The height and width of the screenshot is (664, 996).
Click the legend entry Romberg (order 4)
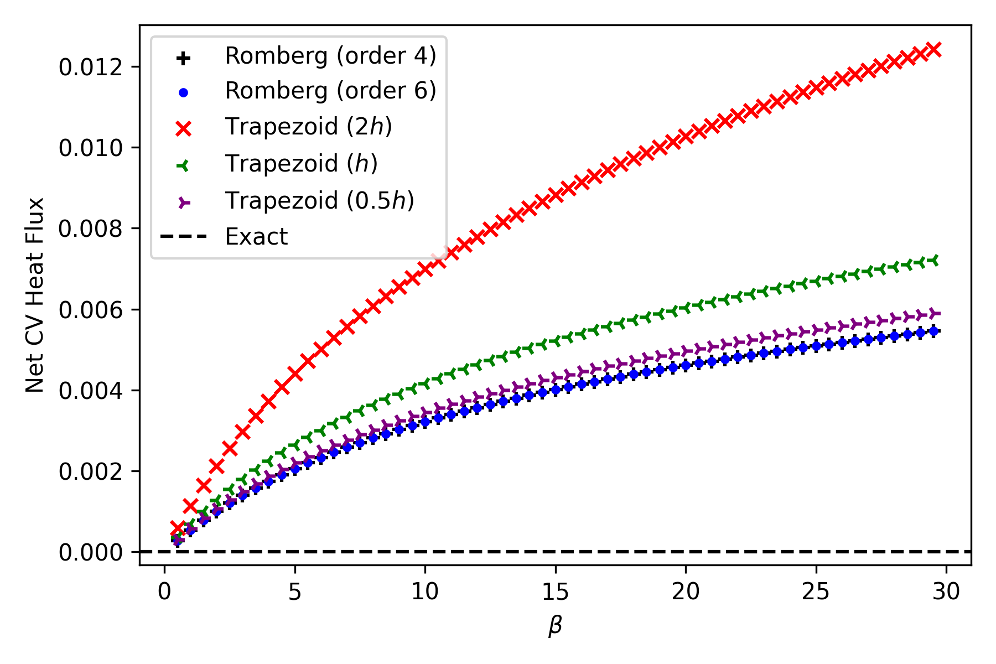330,56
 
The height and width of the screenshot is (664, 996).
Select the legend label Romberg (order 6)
330,91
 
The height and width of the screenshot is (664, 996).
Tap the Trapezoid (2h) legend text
308,127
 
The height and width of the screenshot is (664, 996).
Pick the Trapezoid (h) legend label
301,164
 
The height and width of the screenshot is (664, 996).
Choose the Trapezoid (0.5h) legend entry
319,200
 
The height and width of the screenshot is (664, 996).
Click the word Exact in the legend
256,237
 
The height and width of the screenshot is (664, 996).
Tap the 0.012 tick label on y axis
90,67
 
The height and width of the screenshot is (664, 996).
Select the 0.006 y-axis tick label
90,310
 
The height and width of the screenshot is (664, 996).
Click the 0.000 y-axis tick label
90,552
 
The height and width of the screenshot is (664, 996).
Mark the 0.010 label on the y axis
90,148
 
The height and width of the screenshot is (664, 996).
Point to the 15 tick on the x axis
555,592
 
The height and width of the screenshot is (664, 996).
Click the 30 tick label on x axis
946,592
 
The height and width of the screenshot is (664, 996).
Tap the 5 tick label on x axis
294,592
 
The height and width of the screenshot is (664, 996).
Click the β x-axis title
555,626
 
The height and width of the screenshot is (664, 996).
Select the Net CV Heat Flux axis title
34,295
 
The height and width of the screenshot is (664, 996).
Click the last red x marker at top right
933,49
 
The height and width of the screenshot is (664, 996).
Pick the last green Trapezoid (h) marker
933,260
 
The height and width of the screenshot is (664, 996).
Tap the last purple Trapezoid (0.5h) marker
933,314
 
